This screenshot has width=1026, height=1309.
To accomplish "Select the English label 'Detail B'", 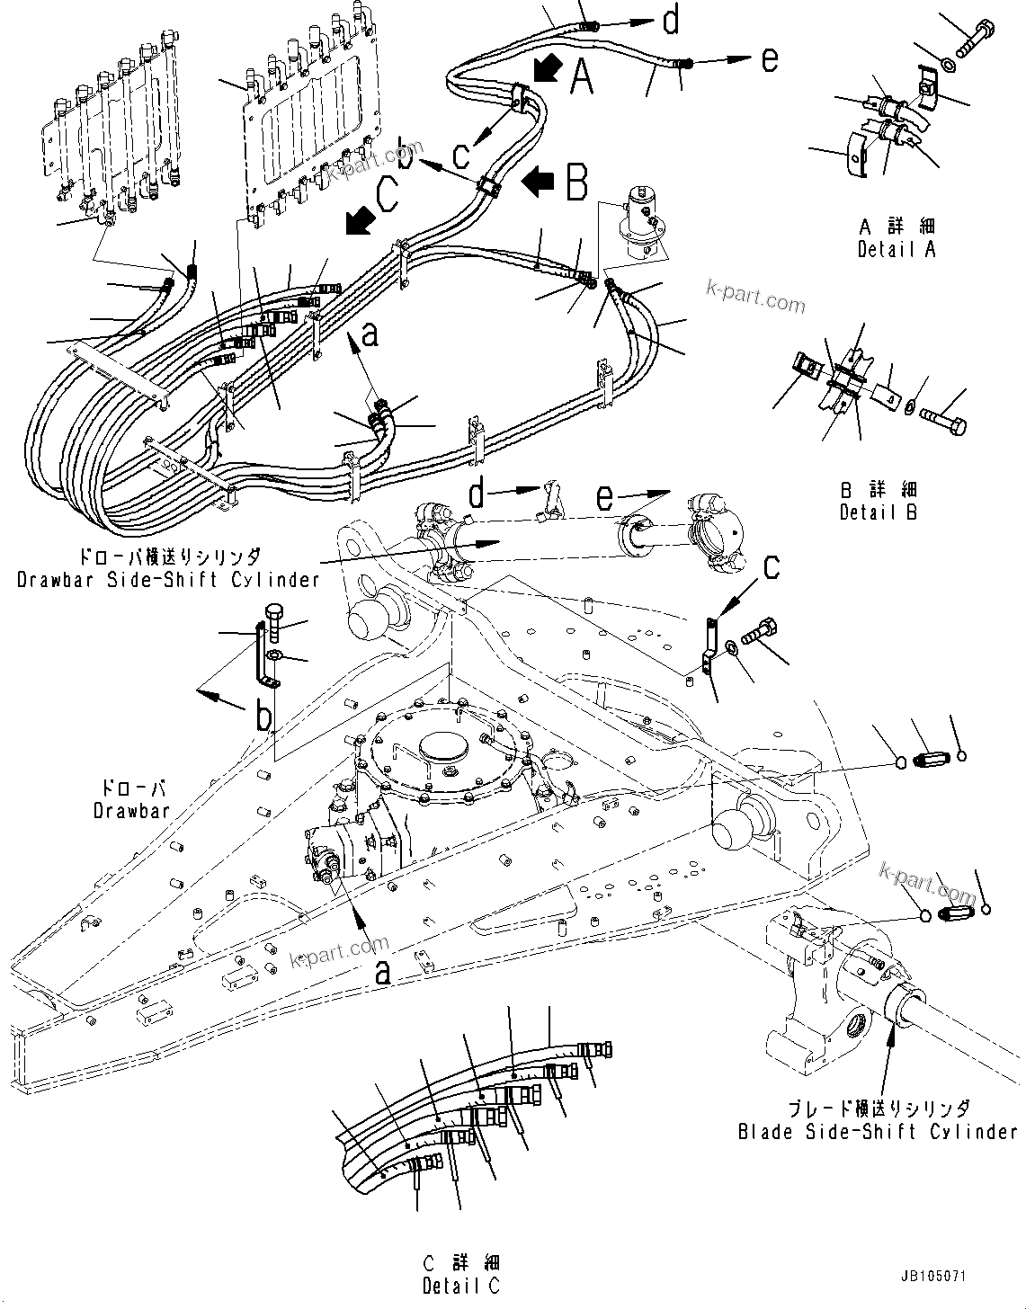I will tap(878, 512).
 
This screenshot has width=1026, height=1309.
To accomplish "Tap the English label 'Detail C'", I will tap(463, 1287).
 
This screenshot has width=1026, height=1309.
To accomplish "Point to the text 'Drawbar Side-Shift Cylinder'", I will tap(168, 579).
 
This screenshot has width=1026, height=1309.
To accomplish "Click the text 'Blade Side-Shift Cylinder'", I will tap(876, 1132).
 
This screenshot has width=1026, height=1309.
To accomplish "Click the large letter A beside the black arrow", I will tap(582, 77).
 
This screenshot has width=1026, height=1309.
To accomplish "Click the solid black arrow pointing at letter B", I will tap(540, 183).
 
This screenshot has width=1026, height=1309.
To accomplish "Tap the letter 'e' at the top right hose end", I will tap(769, 60).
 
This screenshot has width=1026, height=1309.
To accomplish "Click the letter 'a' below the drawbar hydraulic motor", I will tap(382, 972).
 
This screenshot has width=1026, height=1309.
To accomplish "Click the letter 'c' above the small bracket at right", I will tap(771, 568).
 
